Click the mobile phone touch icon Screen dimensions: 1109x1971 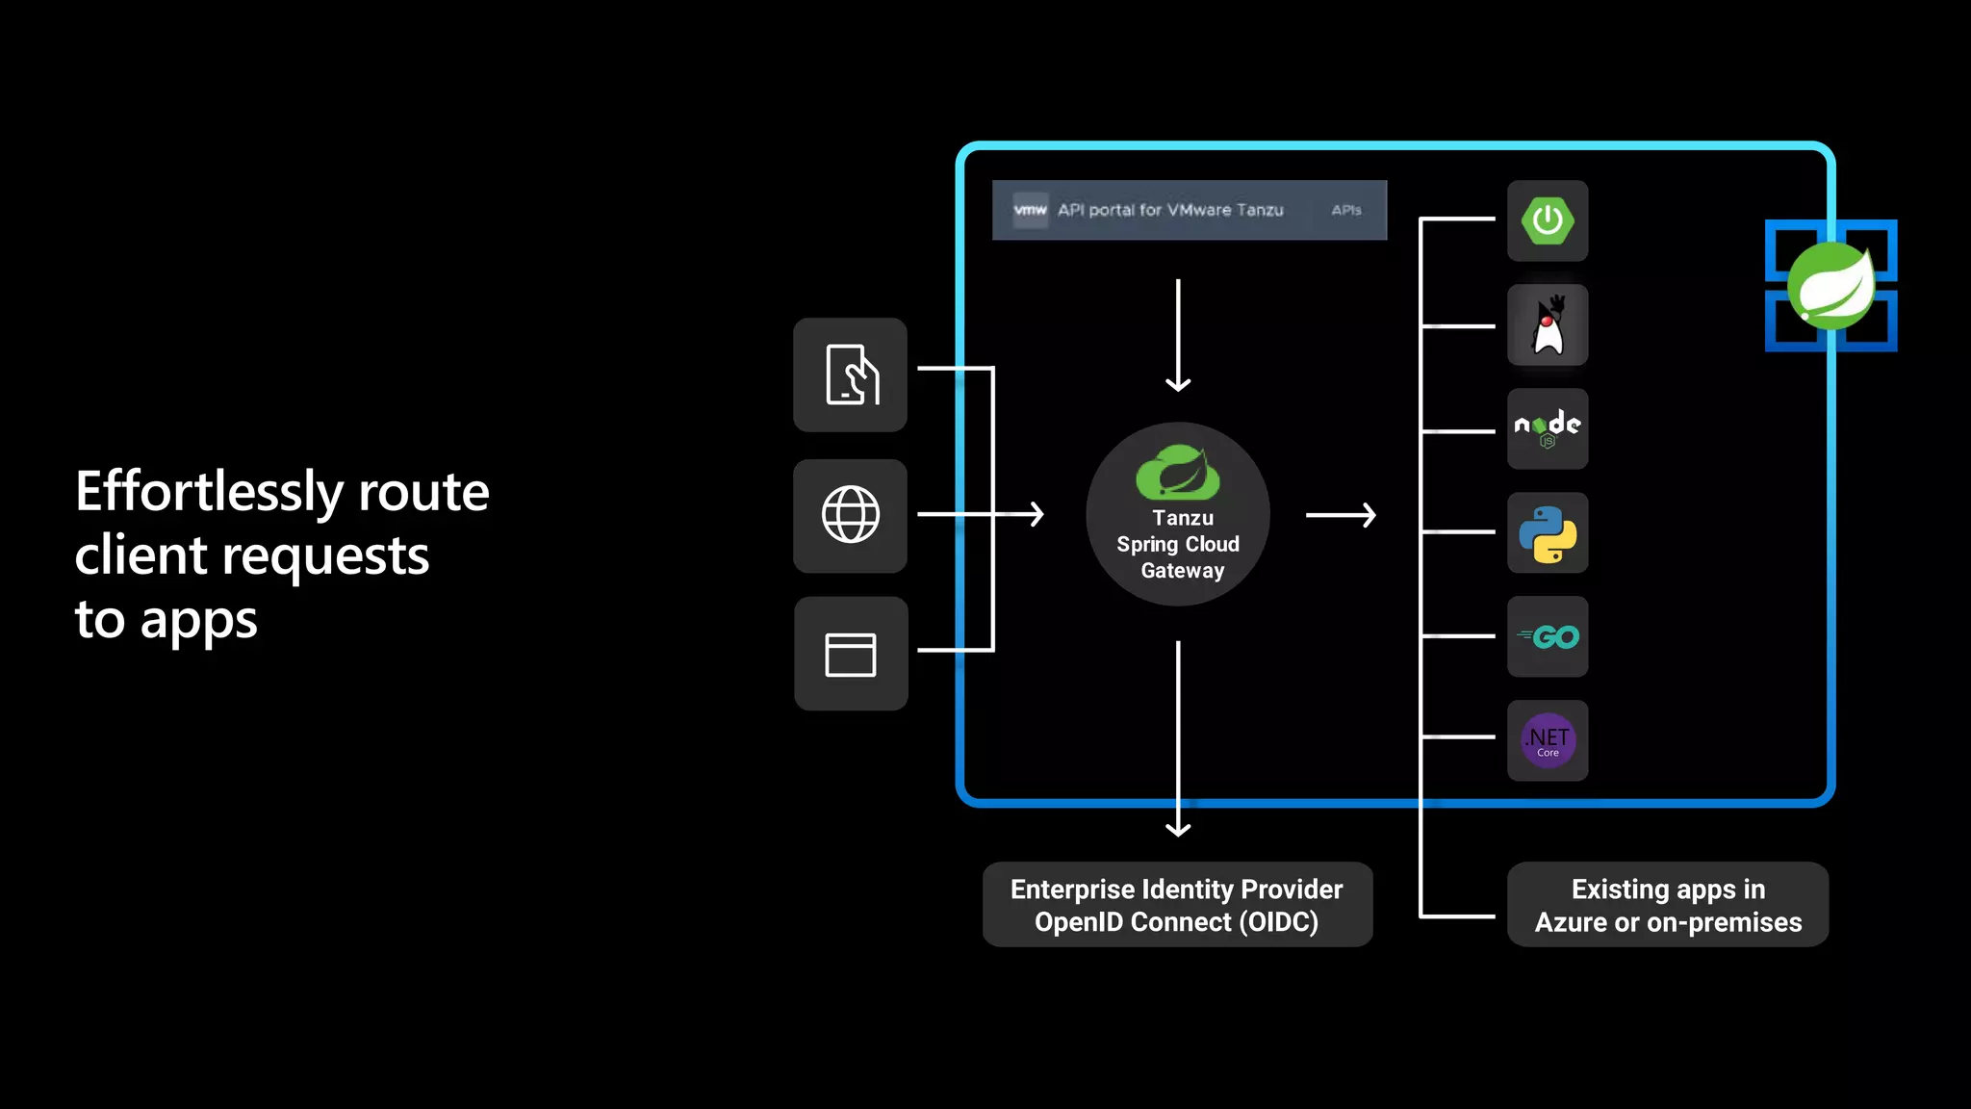851,374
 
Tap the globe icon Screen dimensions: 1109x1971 851,515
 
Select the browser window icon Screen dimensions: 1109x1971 851,655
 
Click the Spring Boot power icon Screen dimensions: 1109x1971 1548,220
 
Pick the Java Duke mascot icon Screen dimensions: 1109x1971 1548,325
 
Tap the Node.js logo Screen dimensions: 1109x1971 1548,428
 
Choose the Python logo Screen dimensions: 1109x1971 1548,533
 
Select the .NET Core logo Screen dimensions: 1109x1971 1548,740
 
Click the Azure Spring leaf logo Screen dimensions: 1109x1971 1830,286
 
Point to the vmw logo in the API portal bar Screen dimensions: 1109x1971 1030,210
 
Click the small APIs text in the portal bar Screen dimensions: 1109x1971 1346,210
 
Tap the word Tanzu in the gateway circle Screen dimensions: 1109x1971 1183,518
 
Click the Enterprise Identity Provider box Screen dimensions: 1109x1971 1177,905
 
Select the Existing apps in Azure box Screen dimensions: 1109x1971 1668,905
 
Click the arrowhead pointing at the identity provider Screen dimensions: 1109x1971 1178,828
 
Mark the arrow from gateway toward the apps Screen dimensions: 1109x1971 1341,516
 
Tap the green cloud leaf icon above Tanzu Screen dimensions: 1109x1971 1178,473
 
